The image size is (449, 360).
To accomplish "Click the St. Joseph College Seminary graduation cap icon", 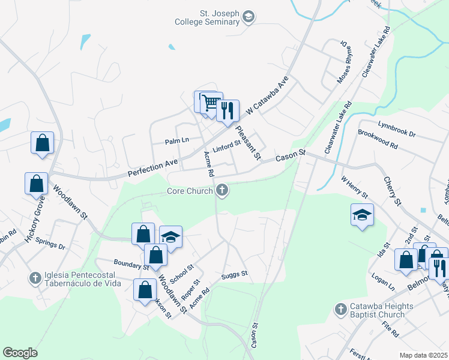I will click(x=249, y=18).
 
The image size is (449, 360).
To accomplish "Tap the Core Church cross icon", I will click(x=222, y=191).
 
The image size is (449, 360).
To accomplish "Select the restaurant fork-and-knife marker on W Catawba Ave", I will click(x=228, y=111).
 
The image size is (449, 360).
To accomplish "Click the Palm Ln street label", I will click(x=177, y=140).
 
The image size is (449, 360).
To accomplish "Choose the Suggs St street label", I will click(x=234, y=274).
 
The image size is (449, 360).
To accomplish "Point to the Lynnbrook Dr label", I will click(x=396, y=130).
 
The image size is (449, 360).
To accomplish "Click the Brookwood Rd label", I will click(x=378, y=141).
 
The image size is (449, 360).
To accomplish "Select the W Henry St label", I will click(x=354, y=187).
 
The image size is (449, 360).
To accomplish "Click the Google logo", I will click(x=20, y=353).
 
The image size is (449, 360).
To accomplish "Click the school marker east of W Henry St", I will click(x=362, y=215).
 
